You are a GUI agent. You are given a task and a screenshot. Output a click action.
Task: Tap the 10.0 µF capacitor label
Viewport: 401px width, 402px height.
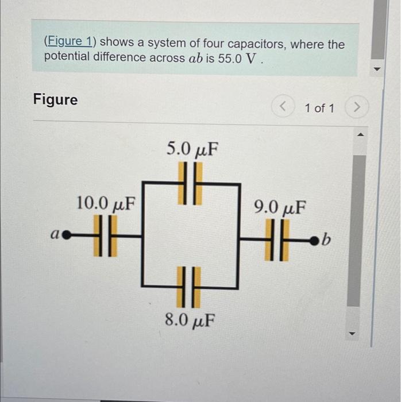point(106,203)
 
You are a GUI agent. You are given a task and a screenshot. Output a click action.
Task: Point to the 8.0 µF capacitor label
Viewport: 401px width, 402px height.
point(190,319)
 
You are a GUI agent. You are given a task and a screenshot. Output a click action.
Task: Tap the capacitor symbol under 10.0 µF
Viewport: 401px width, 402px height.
point(105,235)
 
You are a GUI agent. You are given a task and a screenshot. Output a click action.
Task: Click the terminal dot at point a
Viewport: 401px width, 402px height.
point(66,235)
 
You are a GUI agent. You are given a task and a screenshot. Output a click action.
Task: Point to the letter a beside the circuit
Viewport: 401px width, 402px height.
point(55,235)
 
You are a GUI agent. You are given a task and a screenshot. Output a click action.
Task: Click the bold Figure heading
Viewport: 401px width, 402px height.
point(55,99)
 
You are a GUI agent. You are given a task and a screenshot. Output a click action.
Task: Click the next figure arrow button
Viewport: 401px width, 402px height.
point(357,107)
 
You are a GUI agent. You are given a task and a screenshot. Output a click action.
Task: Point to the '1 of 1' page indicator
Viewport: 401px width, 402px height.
point(319,107)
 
